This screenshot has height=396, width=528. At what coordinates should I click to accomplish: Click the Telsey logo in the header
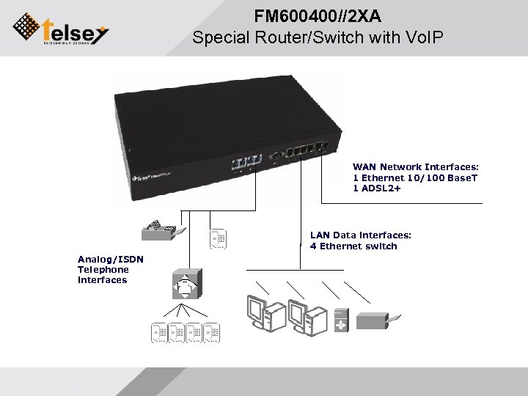click(61, 29)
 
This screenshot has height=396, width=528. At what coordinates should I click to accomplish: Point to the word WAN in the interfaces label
click(364, 167)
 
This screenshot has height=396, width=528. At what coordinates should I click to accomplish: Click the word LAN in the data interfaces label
click(320, 235)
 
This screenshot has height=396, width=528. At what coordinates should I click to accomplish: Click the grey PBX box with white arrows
click(185, 284)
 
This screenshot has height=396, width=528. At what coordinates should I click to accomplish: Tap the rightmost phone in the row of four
click(213, 333)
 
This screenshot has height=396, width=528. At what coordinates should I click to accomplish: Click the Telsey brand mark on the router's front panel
click(150, 177)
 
